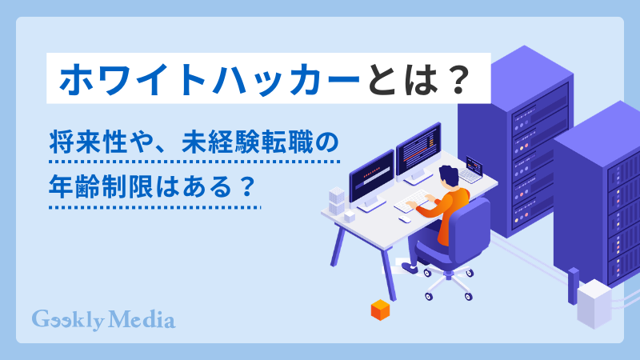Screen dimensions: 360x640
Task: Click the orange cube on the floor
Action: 379,310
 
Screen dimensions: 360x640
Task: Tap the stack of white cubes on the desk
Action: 337,200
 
